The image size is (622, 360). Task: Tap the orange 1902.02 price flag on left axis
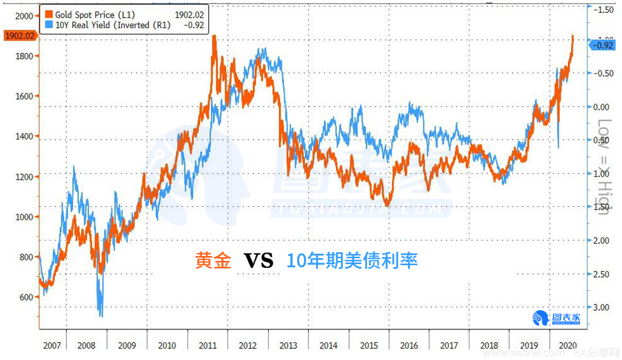pos(19,36)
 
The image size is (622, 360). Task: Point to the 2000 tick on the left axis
pos(24,16)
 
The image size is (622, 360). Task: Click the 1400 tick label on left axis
pos(24,137)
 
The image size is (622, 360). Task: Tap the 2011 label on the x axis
pos(207,346)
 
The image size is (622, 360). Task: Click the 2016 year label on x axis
pos(409,346)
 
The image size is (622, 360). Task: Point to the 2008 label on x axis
pos(86,346)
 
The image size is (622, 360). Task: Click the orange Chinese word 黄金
pos(213,261)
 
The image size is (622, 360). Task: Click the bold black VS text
pos(259,261)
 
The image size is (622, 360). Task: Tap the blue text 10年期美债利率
pos(352,261)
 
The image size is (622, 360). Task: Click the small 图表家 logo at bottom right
pos(556,318)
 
